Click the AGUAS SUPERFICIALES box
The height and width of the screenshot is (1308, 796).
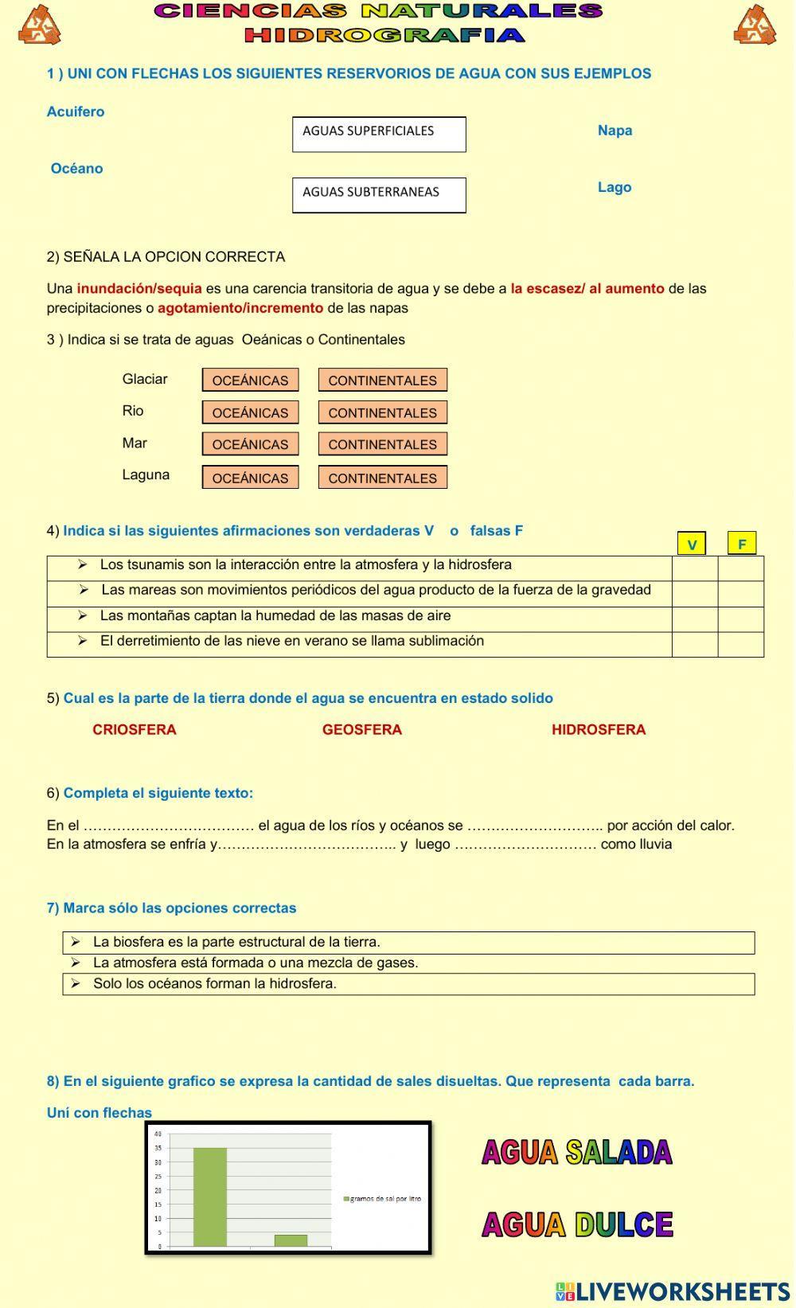pyautogui.click(x=379, y=135)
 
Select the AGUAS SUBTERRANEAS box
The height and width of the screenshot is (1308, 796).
pyautogui.click(x=379, y=195)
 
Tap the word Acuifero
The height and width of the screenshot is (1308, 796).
pyautogui.click(x=76, y=112)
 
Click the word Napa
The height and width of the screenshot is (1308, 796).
pyautogui.click(x=615, y=131)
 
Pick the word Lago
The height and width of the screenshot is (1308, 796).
pyautogui.click(x=615, y=188)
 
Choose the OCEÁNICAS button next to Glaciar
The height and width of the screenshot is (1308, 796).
pyautogui.click(x=250, y=381)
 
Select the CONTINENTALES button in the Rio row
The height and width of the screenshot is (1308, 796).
pyautogui.click(x=382, y=412)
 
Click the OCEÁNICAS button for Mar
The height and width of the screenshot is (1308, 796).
pyautogui.click(x=250, y=444)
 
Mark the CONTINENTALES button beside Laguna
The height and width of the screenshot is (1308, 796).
pyautogui.click(x=382, y=478)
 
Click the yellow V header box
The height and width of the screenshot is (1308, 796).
pyautogui.click(x=691, y=545)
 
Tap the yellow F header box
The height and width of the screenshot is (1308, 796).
pyautogui.click(x=741, y=544)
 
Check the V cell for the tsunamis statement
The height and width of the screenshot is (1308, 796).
pyautogui.click(x=695, y=568)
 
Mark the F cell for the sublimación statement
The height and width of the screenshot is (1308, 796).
pyautogui.click(x=740, y=644)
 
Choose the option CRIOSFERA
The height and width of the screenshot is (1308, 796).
pyautogui.click(x=134, y=730)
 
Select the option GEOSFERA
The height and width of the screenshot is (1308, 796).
pyautogui.click(x=361, y=730)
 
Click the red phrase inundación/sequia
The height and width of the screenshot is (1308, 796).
pyautogui.click(x=139, y=289)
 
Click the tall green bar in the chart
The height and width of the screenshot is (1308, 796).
pyautogui.click(x=209, y=1196)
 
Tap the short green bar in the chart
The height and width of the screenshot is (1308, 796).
pyautogui.click(x=291, y=1240)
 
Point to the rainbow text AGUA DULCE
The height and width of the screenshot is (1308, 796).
pyautogui.click(x=577, y=1224)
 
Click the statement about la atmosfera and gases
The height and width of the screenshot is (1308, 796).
pyautogui.click(x=255, y=963)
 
